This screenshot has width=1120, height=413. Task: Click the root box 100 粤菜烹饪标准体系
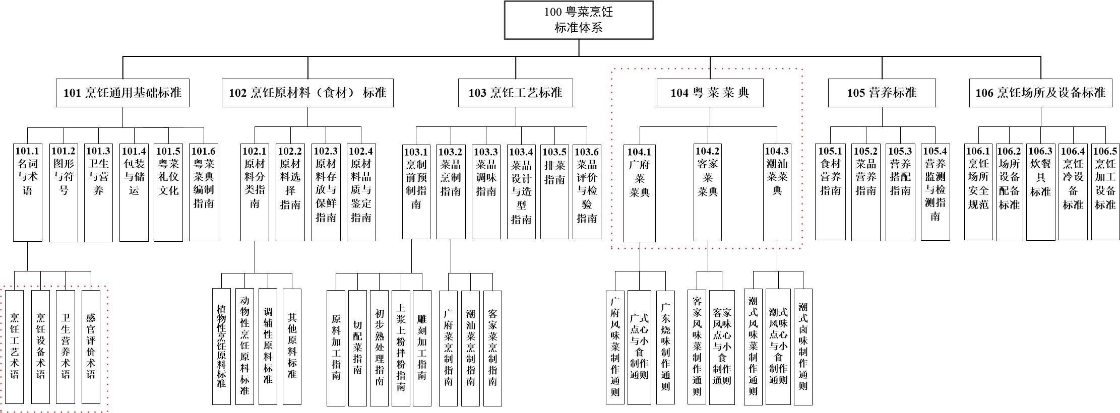coord(579,20)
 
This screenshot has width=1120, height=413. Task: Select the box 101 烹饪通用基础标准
coord(122,93)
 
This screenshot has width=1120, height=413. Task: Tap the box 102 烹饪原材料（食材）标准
coord(307,93)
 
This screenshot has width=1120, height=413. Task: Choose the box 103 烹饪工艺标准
coord(515,93)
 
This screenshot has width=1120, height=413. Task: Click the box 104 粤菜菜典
coord(710,93)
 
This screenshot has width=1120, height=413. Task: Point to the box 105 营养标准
coord(882,93)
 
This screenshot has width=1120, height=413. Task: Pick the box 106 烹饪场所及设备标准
coord(1040,93)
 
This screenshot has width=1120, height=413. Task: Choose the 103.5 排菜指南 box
coord(554,191)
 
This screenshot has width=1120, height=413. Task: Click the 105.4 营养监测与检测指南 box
coord(935,191)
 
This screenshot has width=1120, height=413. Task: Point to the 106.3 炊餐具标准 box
coord(1040,191)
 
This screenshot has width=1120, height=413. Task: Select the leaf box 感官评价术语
coord(91,347)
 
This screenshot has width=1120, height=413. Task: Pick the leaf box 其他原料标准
coord(292,347)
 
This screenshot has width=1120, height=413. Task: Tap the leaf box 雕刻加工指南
coord(422,348)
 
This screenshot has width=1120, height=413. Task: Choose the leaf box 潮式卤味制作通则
coord(803,347)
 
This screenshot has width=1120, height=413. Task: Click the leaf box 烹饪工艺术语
coord(15,347)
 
